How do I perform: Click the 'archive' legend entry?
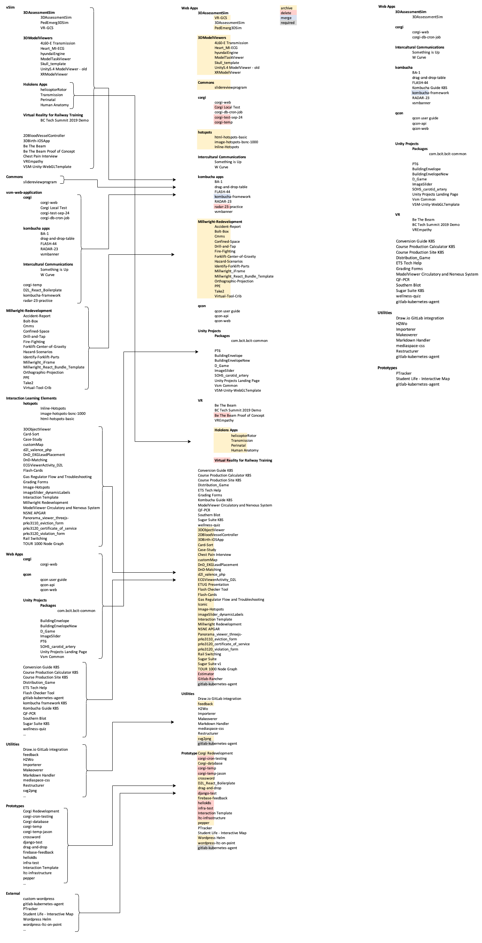[x=287, y=8]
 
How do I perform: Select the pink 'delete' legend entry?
[x=286, y=13]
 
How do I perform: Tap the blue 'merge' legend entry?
[x=286, y=18]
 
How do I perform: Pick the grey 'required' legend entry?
[x=287, y=23]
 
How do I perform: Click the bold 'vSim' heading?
[x=10, y=7]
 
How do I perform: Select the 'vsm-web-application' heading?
[x=24, y=192]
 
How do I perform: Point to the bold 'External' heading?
[x=13, y=893]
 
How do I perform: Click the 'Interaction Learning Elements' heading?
[x=31, y=398]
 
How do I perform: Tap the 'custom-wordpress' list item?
[x=39, y=898]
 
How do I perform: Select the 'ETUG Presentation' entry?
[x=213, y=584]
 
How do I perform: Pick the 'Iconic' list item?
[x=202, y=604]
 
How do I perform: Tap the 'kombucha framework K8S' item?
[x=45, y=703]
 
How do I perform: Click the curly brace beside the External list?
[x=77, y=912]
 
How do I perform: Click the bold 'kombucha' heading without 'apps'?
[x=404, y=67]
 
